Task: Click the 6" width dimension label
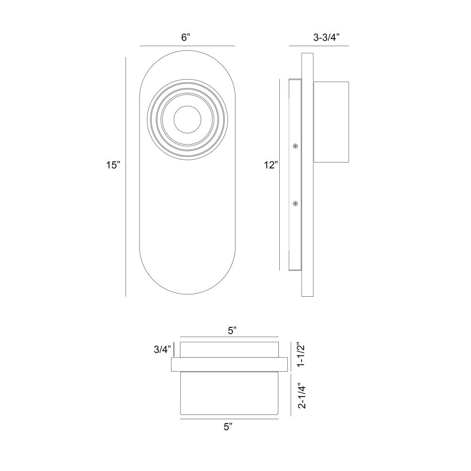pos(186,38)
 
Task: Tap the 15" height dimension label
pos(113,165)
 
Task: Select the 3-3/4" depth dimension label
pos(326,38)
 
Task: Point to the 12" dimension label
pos(271,165)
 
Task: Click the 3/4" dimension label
pos(162,349)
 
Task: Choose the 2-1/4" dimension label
pos(301,396)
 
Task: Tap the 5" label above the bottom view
pos(232,331)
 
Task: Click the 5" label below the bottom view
pos(228,427)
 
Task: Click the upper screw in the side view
pos(295,146)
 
